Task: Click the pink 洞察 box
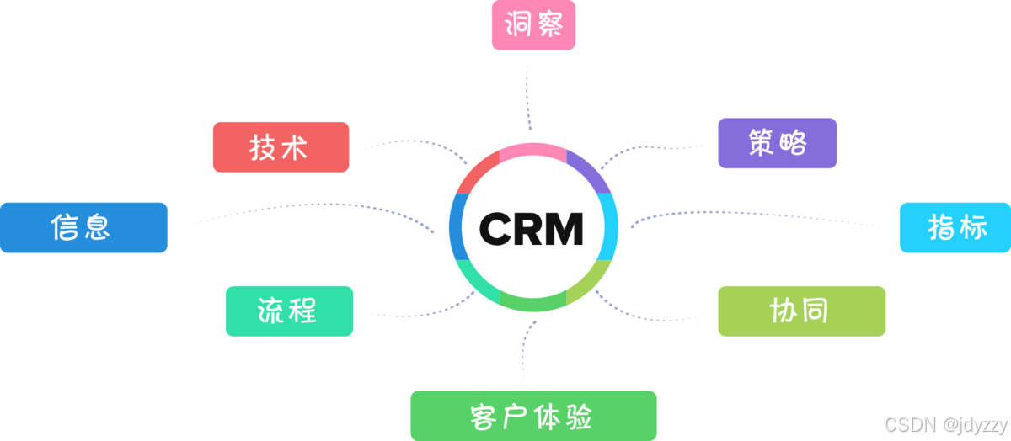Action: click(x=533, y=25)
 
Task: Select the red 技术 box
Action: click(x=281, y=147)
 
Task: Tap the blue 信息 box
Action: click(x=83, y=227)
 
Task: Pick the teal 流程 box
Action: click(x=289, y=311)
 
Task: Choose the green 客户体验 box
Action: click(x=532, y=416)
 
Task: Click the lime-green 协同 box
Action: click(x=801, y=311)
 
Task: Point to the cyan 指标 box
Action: click(x=955, y=227)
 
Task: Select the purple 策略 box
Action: click(x=777, y=143)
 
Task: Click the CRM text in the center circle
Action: click(x=532, y=228)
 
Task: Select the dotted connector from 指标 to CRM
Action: click(x=758, y=214)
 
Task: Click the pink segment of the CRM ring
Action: click(x=532, y=152)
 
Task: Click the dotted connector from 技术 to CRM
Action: click(x=413, y=142)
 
